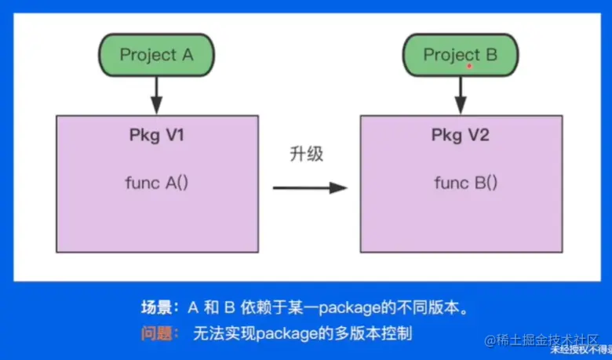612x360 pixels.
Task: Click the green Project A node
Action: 156,55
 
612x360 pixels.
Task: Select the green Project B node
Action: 460,55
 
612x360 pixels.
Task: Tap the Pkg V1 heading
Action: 156,135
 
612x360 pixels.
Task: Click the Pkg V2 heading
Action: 461,135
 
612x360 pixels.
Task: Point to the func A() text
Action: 157,183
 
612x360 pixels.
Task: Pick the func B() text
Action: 466,183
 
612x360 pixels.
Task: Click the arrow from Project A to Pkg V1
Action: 156,95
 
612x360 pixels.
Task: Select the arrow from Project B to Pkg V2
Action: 460,95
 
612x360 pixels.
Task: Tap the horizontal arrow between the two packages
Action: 309,187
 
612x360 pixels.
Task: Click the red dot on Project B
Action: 469,67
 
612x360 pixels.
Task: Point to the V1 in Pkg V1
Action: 172,135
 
